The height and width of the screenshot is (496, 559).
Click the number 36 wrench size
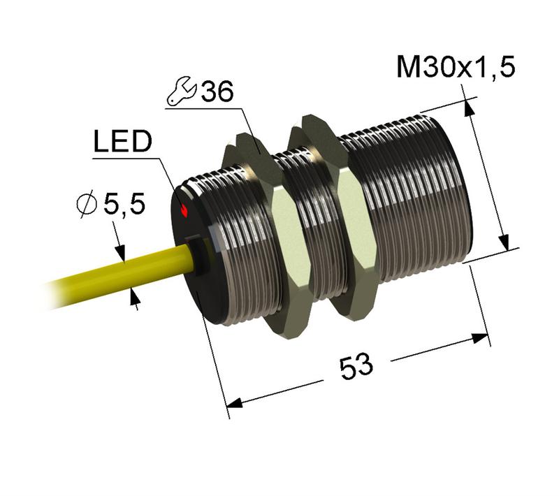216,93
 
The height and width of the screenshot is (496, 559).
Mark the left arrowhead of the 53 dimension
238,403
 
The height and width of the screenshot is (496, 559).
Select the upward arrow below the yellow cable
135,300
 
